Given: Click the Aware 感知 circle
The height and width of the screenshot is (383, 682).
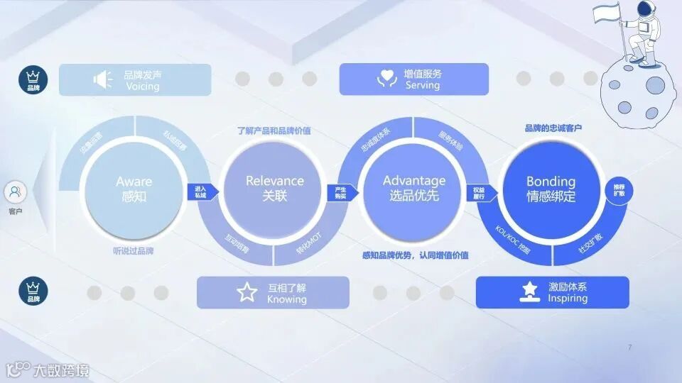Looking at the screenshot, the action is click(x=134, y=189).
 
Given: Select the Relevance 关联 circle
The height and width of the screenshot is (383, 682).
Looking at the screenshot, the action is click(x=274, y=189).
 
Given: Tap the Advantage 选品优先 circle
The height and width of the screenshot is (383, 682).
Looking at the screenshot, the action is click(x=413, y=189).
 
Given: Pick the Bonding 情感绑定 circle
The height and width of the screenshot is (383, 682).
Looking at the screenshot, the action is click(x=551, y=189).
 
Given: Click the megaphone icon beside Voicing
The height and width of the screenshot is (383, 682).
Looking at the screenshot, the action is click(x=103, y=79).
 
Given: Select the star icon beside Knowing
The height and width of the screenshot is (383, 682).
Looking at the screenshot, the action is click(x=247, y=292).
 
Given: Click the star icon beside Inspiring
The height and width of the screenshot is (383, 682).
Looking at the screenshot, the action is click(x=529, y=292).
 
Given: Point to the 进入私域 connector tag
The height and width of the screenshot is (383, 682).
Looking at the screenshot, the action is click(x=200, y=191).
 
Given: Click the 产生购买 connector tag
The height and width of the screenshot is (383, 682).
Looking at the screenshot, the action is click(x=340, y=191).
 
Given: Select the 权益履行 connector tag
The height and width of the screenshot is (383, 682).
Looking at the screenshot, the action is click(x=479, y=193).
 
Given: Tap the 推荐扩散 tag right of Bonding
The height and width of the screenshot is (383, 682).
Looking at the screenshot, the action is click(x=618, y=191).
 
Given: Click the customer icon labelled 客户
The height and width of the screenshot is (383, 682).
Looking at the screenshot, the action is click(x=16, y=191).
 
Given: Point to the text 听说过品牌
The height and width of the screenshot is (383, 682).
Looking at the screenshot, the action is click(x=134, y=250).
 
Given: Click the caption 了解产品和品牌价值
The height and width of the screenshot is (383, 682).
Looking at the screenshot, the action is click(x=274, y=131).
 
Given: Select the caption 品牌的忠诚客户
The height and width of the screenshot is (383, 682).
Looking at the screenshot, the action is click(x=553, y=128).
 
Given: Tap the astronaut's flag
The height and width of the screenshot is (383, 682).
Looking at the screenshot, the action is click(x=606, y=11).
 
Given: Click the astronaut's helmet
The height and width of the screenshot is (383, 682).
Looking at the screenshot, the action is click(x=645, y=9).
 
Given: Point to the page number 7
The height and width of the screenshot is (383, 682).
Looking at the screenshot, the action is click(x=629, y=347).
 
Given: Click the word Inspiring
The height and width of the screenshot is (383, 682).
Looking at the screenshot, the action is click(x=568, y=299).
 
